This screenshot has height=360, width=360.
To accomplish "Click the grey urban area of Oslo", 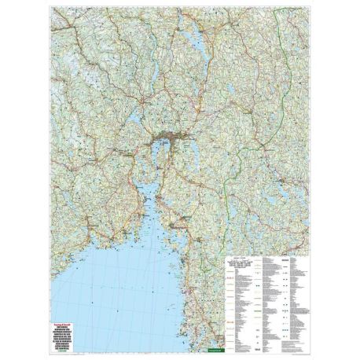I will [x=167, y=142].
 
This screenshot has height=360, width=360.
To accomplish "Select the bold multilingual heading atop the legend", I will [x=236, y=261].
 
